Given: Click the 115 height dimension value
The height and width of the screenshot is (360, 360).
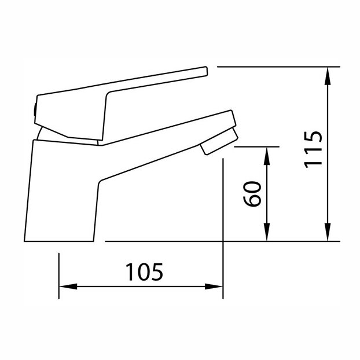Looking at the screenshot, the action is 313,150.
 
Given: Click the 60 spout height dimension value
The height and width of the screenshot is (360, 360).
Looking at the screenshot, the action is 252,194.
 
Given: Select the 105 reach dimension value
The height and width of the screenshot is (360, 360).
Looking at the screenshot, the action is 145,272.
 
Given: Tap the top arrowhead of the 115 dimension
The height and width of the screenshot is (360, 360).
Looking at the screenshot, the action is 328,76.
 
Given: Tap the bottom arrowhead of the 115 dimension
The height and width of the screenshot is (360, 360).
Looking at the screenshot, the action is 328,232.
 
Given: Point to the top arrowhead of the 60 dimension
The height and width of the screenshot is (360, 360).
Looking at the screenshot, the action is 267,156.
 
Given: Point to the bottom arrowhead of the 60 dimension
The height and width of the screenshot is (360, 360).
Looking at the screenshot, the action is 267,232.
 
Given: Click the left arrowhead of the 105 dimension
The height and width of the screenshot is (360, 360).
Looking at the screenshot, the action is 68,286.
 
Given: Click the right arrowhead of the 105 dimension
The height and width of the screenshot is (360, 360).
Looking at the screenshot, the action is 214,286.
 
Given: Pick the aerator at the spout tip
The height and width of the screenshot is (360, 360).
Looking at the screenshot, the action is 219,141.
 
